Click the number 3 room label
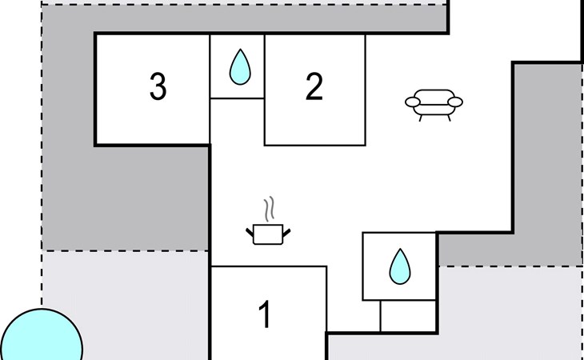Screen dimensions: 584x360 (x=158, y=86)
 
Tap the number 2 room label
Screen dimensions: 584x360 (x=314, y=86)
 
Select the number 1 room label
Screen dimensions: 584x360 (x=265, y=314)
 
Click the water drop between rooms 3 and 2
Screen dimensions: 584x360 (x=240, y=67)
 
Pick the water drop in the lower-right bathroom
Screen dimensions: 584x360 (x=400, y=266)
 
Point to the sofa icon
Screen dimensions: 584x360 (x=434, y=105)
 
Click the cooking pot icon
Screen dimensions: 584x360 (x=268, y=234)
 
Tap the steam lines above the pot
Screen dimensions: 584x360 (x=270, y=209)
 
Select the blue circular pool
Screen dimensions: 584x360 (x=41, y=335)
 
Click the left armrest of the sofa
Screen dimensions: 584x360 (x=413, y=102)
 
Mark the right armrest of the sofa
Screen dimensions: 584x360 (x=455, y=102)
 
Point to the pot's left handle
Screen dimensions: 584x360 (x=250, y=232)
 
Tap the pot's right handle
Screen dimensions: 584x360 (x=286, y=233)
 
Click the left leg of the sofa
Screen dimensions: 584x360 (x=421, y=118)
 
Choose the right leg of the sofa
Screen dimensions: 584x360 (x=449, y=118)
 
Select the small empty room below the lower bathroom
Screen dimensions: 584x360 (x=408, y=316)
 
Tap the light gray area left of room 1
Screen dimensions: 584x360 (x=125, y=306)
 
